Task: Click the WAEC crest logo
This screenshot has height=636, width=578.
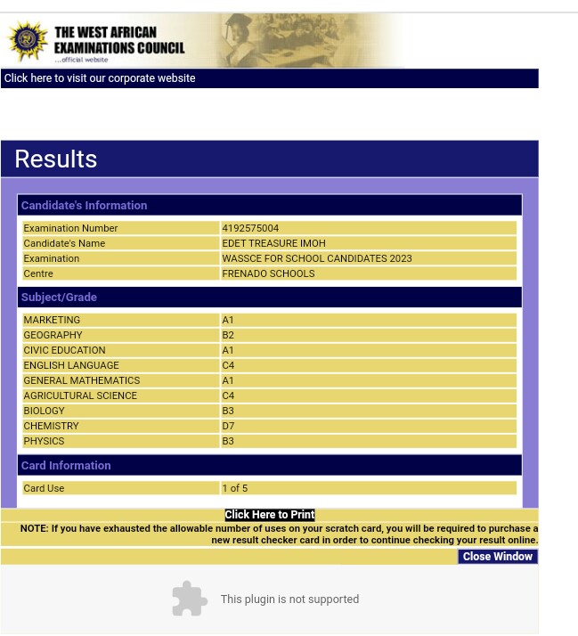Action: click(28, 40)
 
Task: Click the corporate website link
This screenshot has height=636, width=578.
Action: click(99, 78)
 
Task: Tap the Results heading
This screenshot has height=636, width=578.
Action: click(55, 159)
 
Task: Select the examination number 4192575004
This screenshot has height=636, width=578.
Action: click(250, 228)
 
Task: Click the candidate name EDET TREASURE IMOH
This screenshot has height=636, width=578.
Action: click(273, 243)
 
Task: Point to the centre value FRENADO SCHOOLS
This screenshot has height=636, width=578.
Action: click(268, 273)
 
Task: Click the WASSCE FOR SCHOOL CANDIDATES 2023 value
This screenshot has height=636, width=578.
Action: click(316, 258)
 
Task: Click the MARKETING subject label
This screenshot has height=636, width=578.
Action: click(52, 320)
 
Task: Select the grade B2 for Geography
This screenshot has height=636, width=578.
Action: click(228, 335)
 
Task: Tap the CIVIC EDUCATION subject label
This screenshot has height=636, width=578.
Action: click(64, 350)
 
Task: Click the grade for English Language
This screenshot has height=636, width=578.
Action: click(228, 365)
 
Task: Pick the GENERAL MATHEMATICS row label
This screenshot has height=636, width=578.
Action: click(81, 380)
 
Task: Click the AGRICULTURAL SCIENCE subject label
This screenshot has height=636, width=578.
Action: click(80, 395)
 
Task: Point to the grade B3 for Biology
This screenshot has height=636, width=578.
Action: click(228, 411)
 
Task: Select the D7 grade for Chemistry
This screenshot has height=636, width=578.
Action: click(228, 426)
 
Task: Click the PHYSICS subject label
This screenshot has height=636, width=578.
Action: click(44, 441)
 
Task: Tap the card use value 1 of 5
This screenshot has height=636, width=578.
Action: click(234, 488)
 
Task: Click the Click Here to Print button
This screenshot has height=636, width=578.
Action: click(269, 515)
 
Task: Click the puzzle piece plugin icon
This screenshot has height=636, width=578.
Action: click(189, 599)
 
